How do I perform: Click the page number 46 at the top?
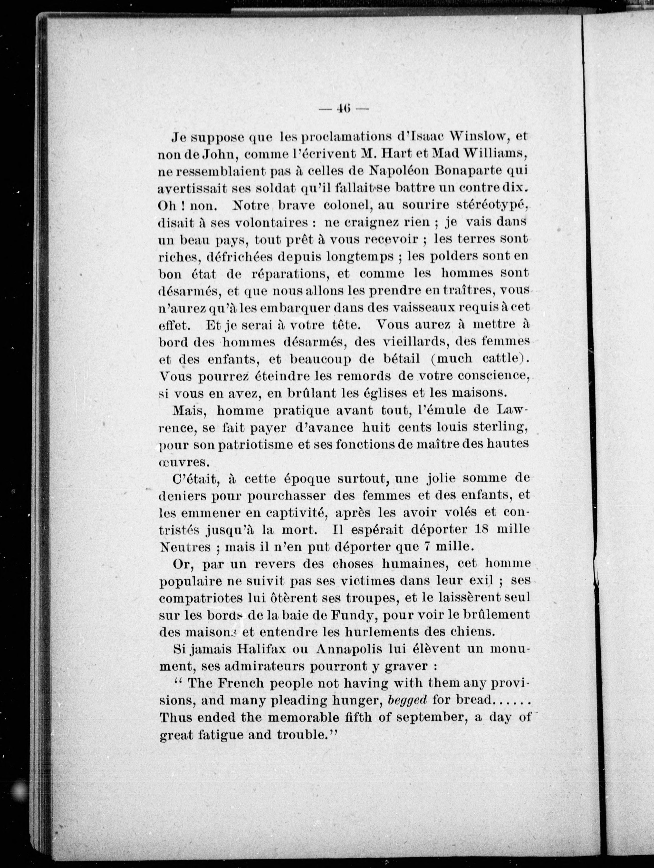pos(344,109)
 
